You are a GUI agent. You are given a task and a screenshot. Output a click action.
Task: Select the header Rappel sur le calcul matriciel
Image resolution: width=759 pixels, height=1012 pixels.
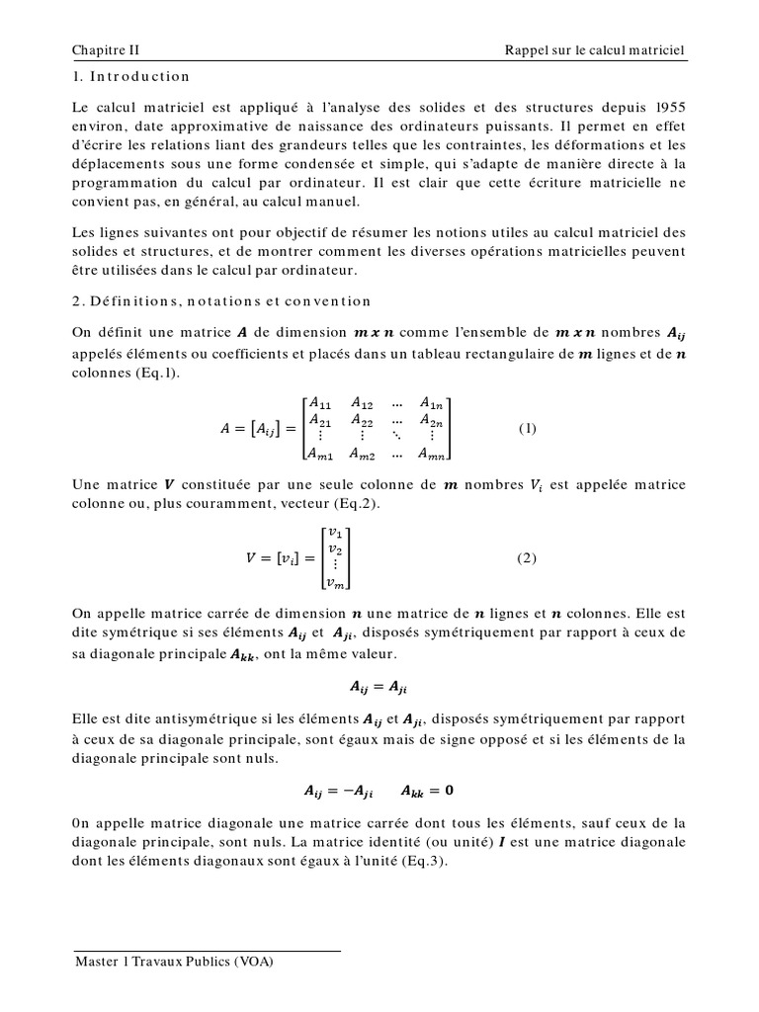594,49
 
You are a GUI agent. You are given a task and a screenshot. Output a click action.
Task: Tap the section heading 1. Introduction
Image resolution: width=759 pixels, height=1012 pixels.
131,76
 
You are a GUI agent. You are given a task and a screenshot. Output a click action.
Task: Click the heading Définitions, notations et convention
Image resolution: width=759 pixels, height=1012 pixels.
222,301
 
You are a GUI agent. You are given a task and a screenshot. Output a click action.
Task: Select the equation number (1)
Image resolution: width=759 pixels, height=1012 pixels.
528,428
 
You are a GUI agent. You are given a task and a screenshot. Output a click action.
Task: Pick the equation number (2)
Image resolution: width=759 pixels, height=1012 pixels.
528,557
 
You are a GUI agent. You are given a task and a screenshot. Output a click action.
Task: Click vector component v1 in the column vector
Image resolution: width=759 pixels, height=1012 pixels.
335,533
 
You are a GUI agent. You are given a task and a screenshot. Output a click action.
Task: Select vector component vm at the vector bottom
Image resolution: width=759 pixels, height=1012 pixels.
337,583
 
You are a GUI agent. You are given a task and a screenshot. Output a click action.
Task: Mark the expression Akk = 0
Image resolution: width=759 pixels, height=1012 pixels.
428,791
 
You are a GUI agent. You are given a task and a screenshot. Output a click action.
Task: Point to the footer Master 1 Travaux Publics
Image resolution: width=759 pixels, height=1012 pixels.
174,961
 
